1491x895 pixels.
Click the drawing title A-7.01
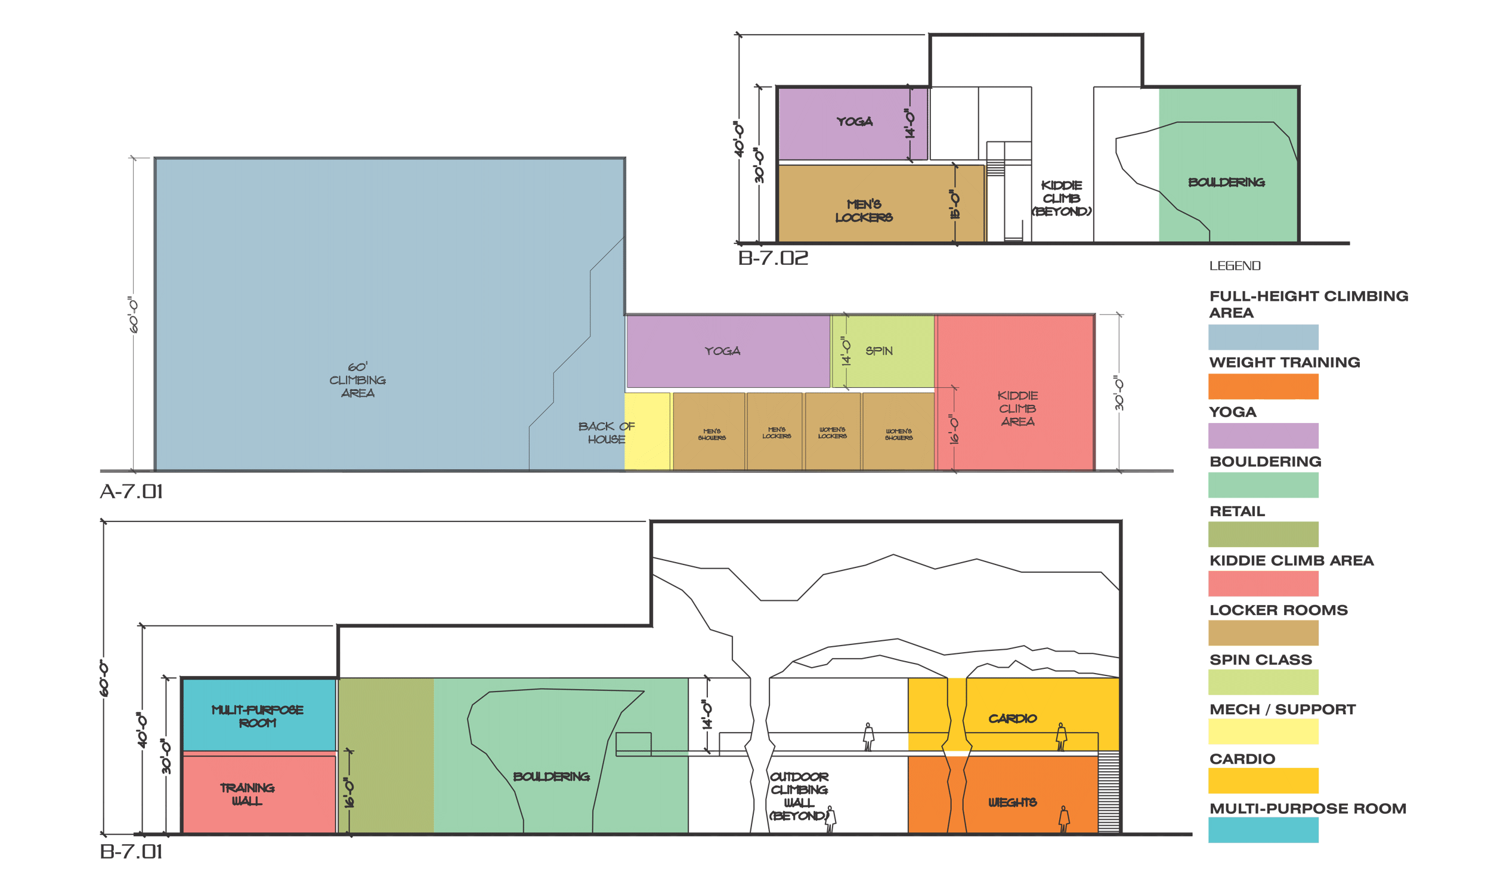(x=131, y=492)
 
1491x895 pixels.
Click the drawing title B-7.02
(x=772, y=258)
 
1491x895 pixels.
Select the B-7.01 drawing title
(x=131, y=851)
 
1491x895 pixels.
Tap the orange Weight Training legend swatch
(x=1263, y=387)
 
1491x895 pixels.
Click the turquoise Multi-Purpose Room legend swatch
(x=1263, y=830)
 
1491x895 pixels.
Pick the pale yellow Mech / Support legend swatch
(x=1263, y=732)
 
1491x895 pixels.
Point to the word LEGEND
(x=1235, y=266)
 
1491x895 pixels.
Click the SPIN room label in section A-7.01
(x=878, y=351)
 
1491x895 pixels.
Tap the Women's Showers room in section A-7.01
(x=898, y=434)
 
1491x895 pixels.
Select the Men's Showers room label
(x=711, y=434)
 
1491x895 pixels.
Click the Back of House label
(x=606, y=433)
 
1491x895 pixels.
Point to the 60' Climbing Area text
(x=357, y=380)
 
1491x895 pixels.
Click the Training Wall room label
(x=246, y=794)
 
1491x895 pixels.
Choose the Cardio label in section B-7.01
(x=1012, y=718)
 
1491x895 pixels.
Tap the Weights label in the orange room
(x=1012, y=802)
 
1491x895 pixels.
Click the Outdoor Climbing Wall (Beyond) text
(x=799, y=796)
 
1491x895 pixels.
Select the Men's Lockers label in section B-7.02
(x=863, y=211)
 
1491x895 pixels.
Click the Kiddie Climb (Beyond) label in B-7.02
(x=1062, y=198)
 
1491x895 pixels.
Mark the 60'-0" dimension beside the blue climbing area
(x=133, y=314)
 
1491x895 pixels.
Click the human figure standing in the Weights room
(x=1065, y=819)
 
